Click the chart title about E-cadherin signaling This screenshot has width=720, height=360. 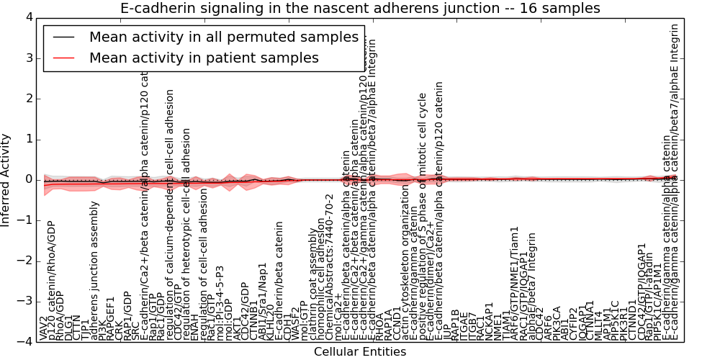[x=359, y=8]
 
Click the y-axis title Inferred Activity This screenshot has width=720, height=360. [x=6, y=179]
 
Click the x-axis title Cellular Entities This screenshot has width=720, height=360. [x=359, y=352]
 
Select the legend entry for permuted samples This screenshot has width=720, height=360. [x=223, y=37]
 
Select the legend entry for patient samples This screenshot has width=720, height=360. [x=204, y=58]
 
